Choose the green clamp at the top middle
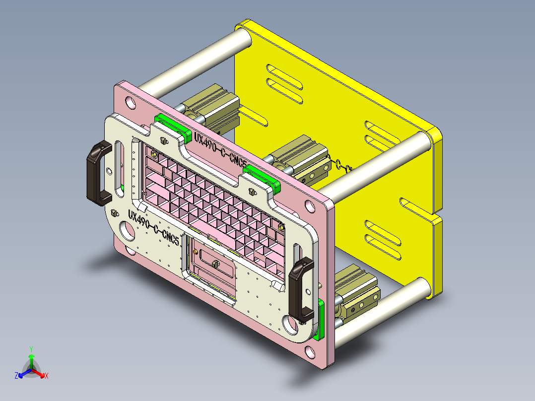(262, 177)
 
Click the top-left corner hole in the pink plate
(131, 103)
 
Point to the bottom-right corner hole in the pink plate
(311, 353)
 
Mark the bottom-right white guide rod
(382, 312)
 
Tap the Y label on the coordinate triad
(31, 349)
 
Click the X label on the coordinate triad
(47, 376)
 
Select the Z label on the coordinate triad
(16, 376)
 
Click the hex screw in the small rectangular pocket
(215, 263)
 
